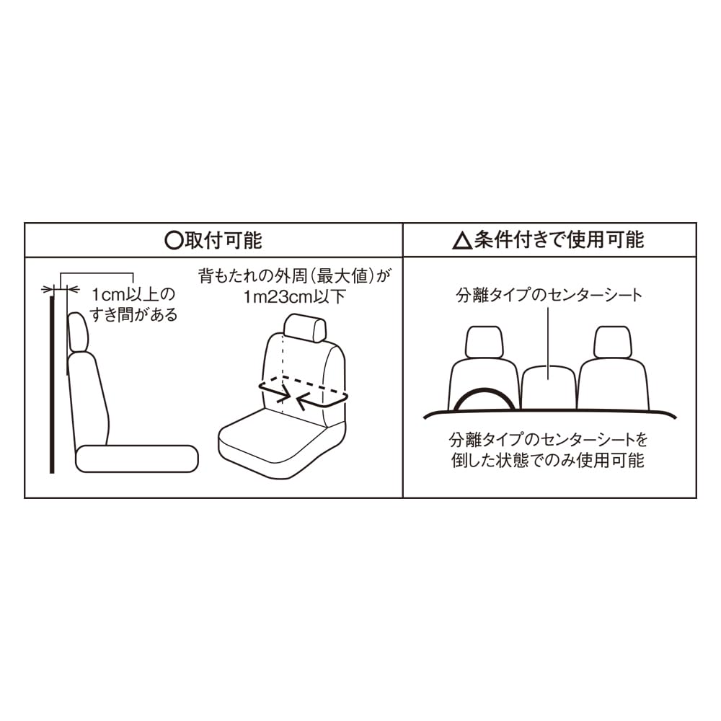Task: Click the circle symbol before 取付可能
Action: [174, 241]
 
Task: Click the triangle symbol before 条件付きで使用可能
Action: [463, 241]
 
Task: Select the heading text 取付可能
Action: [224, 241]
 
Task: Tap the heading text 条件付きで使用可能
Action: [559, 240]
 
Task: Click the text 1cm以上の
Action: [133, 294]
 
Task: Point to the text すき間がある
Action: [133, 315]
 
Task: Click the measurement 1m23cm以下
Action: [294, 296]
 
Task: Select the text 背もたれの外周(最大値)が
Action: [294, 276]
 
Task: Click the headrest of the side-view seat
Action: [78, 332]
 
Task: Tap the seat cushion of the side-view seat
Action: [137, 459]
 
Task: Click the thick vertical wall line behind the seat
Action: [52, 384]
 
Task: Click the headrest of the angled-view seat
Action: [305, 328]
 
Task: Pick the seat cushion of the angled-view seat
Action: [276, 443]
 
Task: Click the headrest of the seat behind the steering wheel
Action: [485, 342]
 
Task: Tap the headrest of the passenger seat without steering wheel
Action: [613, 342]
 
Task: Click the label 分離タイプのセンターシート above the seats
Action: [549, 295]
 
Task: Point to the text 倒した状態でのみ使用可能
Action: [548, 460]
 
